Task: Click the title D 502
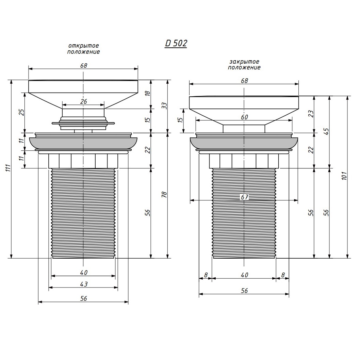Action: click(176, 43)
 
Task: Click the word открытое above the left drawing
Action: click(84, 46)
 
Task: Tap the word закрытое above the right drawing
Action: click(244, 62)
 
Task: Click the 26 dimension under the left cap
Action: click(84, 101)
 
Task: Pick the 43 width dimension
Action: click(84, 284)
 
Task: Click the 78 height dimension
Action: click(164, 195)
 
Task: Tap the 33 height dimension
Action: click(164, 105)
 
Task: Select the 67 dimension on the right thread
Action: click(245, 197)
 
